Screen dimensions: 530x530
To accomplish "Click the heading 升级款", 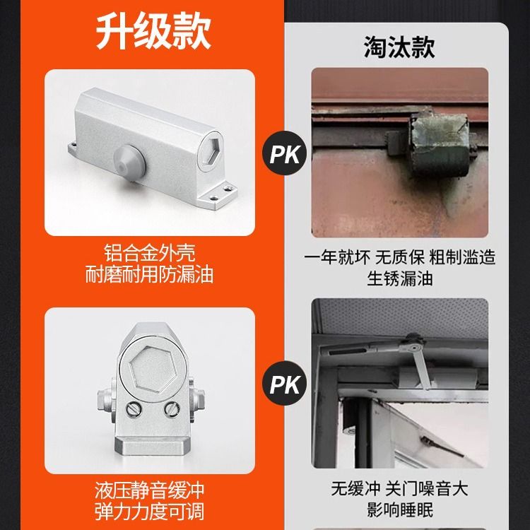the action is coord(153,31).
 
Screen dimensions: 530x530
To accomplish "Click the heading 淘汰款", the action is coord(399,47).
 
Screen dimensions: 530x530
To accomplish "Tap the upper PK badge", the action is coord(285,153).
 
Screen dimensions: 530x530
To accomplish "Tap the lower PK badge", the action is coord(285,383).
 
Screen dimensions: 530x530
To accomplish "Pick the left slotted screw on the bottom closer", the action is coord(134,409).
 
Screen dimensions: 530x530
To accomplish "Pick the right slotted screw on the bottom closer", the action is coord(172,409).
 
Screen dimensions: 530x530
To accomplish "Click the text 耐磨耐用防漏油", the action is coord(149,274).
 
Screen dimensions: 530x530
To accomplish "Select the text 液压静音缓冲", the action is coord(149,490).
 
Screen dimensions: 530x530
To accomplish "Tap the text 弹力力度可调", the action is coord(149,512).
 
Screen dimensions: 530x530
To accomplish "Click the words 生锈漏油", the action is coord(399,279).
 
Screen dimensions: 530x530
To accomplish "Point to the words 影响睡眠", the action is coord(399,510).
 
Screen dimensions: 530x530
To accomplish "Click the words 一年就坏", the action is coord(337,257).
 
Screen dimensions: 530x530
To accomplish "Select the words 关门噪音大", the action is coord(427,488).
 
